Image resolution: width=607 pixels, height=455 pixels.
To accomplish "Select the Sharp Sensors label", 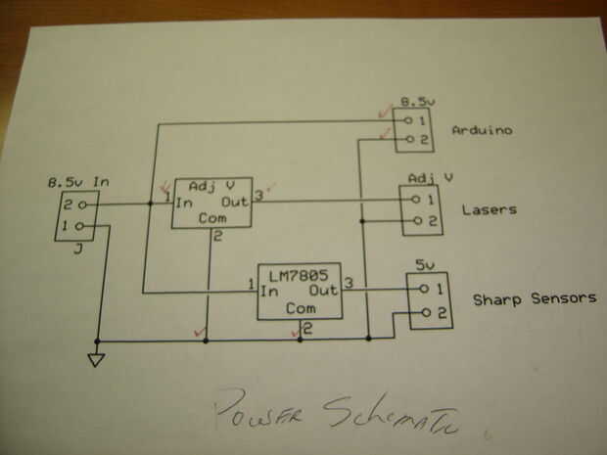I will click(x=534, y=297).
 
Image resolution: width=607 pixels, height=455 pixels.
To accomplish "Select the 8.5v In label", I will click(x=79, y=182).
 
